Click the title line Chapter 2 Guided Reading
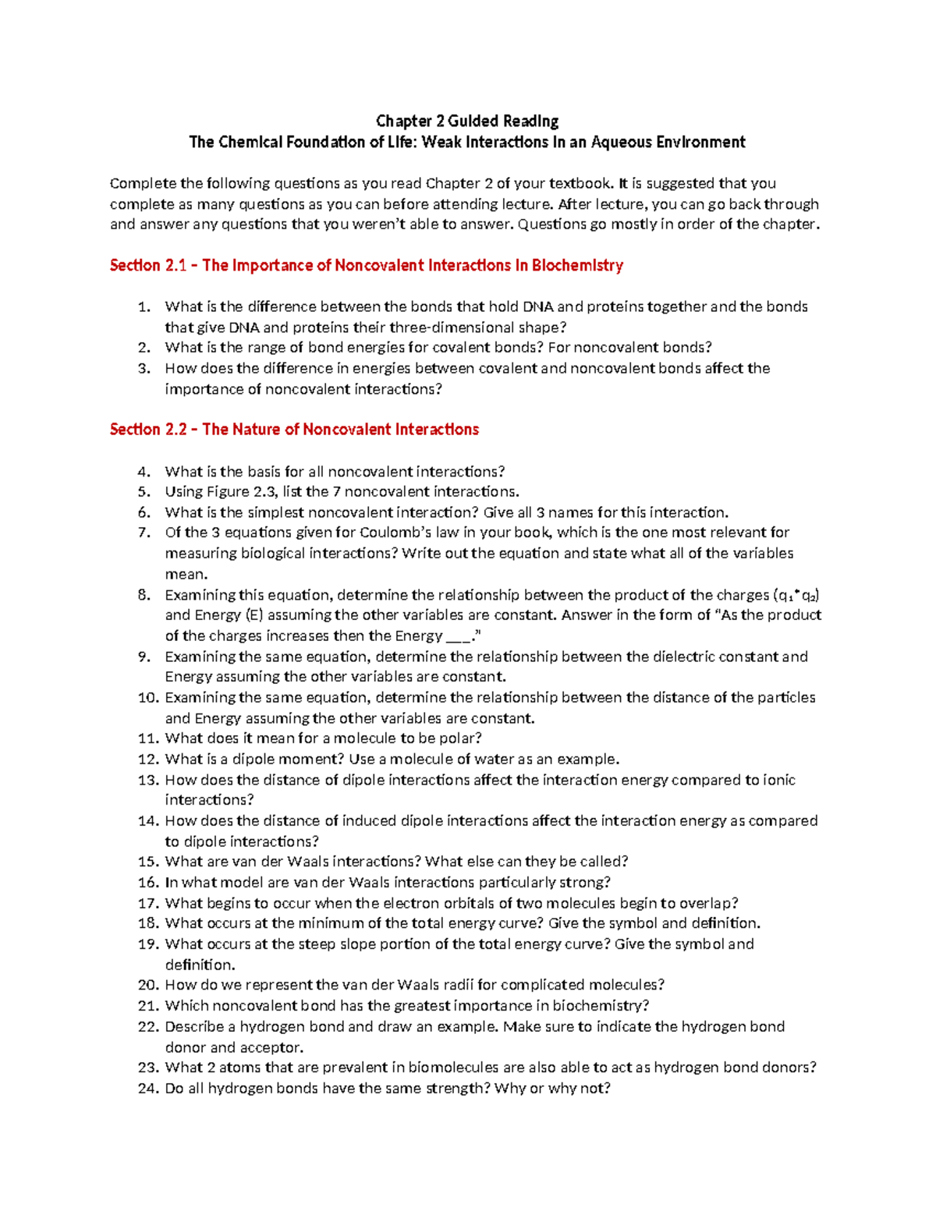467,121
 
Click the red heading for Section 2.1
366,265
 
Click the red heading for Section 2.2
294,429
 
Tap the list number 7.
143,533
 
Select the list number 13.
147,780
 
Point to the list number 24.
147,1088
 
